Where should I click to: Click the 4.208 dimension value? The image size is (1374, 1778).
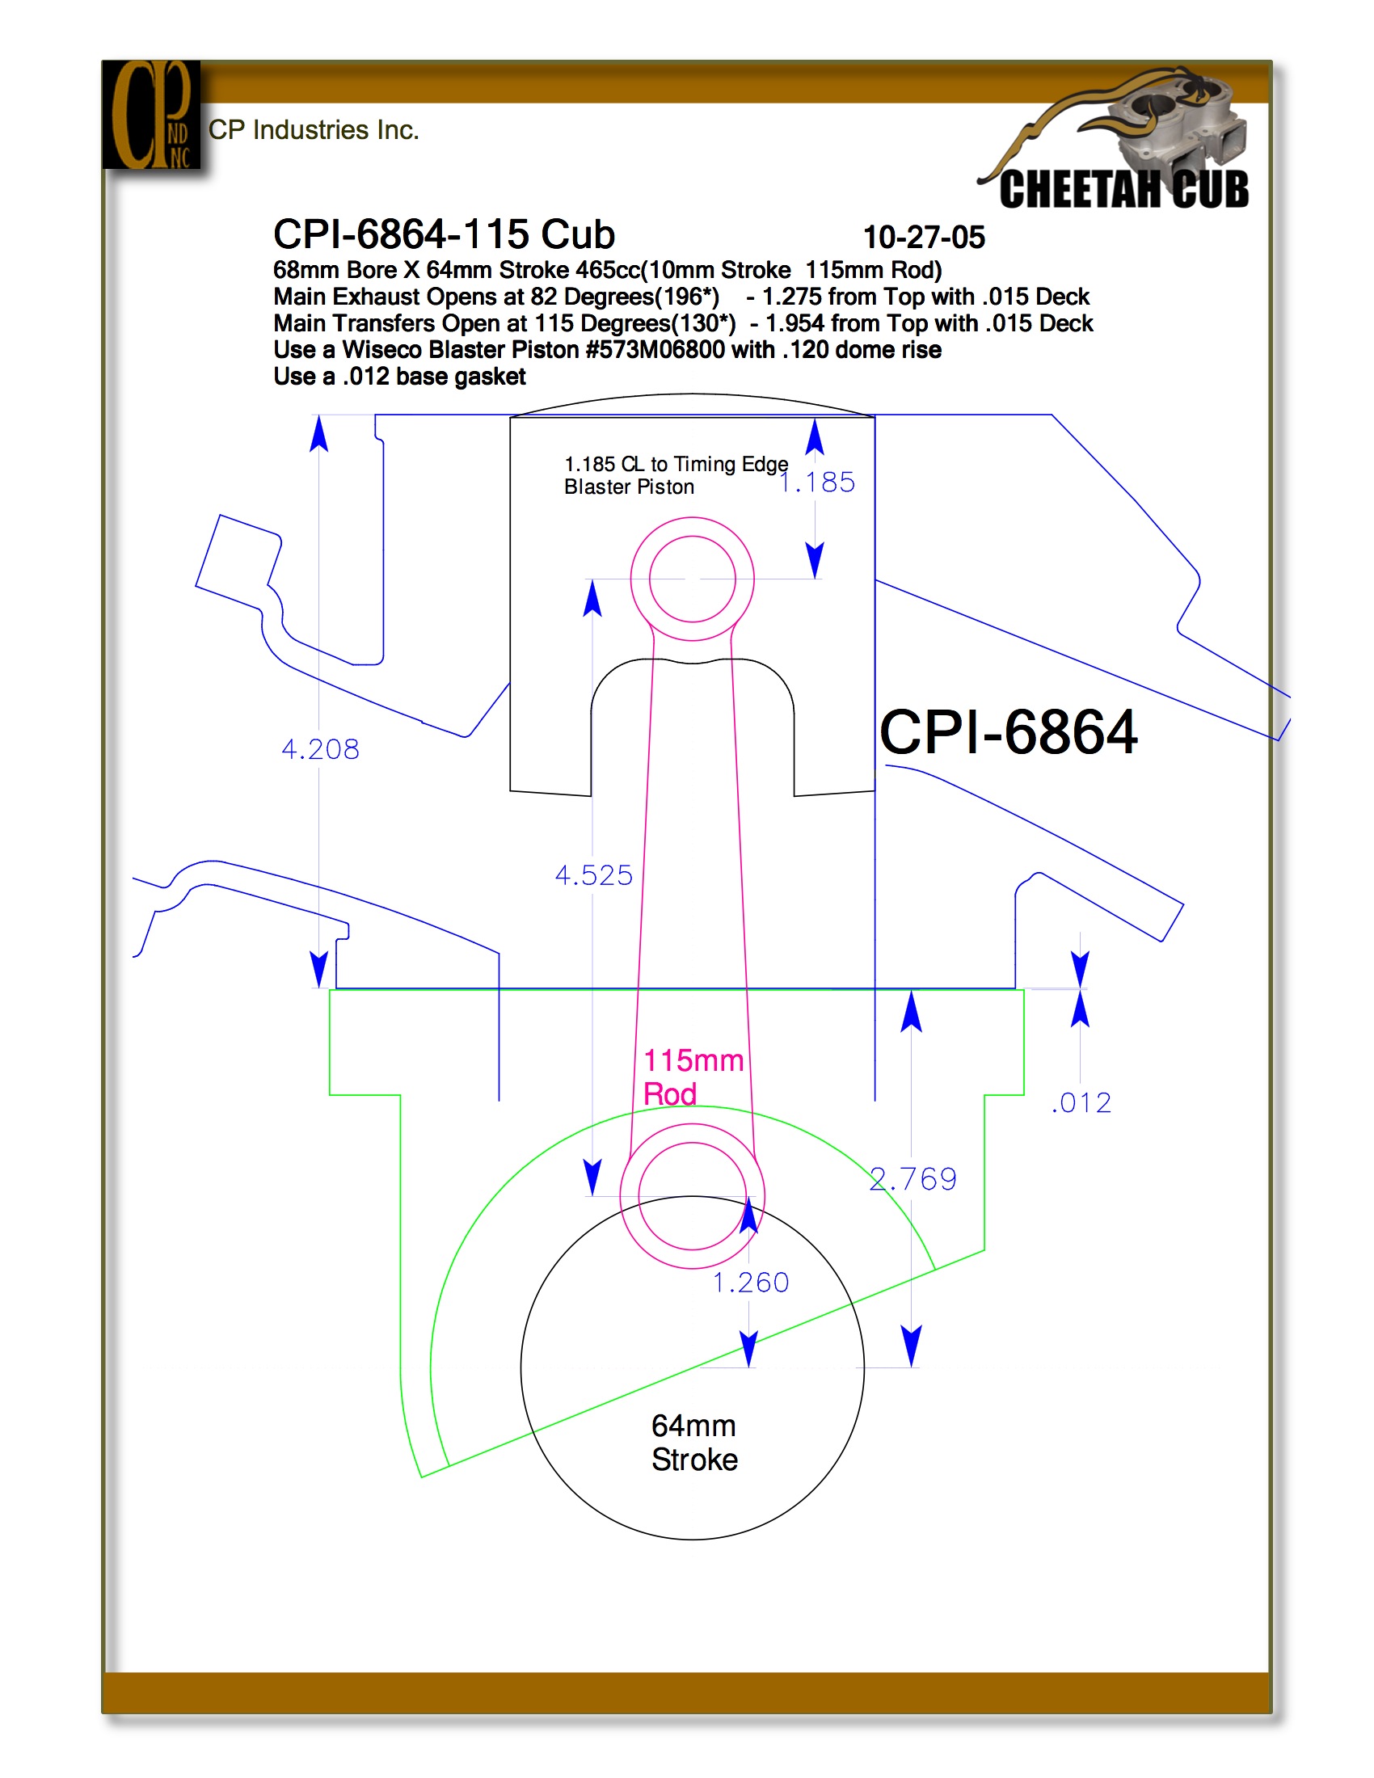(320, 749)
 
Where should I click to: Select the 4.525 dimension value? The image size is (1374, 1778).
(593, 875)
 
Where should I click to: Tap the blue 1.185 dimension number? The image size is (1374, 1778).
(817, 482)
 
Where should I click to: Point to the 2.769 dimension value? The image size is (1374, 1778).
(913, 1179)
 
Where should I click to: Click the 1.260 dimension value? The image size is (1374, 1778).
(751, 1283)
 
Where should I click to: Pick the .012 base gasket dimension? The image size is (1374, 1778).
(1081, 1102)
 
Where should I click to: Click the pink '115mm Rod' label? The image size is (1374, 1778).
(693, 1077)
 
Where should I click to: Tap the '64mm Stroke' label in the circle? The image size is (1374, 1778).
(694, 1442)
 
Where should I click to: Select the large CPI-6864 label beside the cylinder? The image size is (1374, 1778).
(1009, 732)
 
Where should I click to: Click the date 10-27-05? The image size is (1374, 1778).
(924, 237)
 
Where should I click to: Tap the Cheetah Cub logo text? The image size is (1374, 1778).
(1124, 189)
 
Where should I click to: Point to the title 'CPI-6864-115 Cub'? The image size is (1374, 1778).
(444, 234)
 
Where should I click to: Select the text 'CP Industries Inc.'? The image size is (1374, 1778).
(314, 130)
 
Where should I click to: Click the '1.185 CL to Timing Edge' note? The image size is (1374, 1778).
(676, 464)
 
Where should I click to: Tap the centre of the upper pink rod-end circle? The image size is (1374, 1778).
(693, 579)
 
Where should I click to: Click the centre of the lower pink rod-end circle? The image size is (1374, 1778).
(693, 1196)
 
